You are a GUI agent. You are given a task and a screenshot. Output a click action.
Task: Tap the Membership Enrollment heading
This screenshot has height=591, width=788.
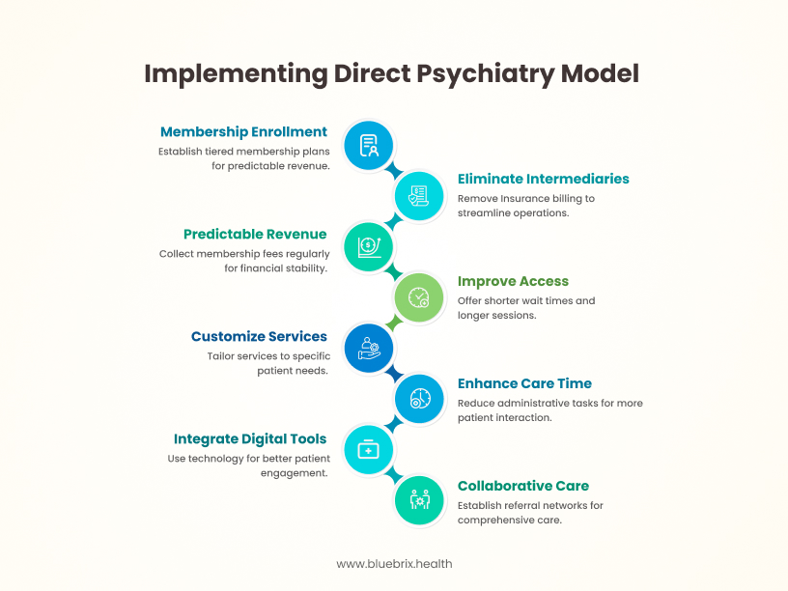[243, 132]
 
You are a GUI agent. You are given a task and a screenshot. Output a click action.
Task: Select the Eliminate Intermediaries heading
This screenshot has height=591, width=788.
[544, 179]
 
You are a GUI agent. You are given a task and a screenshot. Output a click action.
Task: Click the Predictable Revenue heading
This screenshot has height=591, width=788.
[255, 234]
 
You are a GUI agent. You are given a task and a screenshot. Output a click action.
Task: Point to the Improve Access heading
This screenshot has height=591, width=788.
[513, 281]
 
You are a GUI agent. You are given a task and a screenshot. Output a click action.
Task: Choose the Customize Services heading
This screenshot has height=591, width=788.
[259, 336]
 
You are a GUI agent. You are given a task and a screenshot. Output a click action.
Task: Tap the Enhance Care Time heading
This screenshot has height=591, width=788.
[524, 383]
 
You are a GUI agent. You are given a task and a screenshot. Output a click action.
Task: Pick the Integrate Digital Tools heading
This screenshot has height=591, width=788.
[250, 438]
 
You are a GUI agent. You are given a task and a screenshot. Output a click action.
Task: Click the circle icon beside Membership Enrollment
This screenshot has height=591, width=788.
[369, 146]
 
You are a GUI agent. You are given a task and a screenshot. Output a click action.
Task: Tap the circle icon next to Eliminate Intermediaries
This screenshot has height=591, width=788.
[419, 196]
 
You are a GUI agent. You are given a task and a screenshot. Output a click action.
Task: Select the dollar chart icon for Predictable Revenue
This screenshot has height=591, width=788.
[369, 246]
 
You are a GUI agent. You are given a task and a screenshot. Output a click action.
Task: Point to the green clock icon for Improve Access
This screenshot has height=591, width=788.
[419, 297]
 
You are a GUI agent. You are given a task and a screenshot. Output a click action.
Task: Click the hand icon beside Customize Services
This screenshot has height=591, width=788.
[369, 348]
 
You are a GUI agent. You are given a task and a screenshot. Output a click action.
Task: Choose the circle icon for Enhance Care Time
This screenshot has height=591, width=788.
[419, 399]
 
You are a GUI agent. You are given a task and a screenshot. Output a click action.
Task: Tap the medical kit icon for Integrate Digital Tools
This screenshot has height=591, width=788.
[369, 449]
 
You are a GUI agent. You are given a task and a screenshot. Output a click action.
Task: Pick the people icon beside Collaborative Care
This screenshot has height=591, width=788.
[419, 500]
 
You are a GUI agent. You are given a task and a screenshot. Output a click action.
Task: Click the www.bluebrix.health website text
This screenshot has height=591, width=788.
[394, 563]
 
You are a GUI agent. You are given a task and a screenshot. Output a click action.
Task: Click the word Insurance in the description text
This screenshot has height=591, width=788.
[531, 198]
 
